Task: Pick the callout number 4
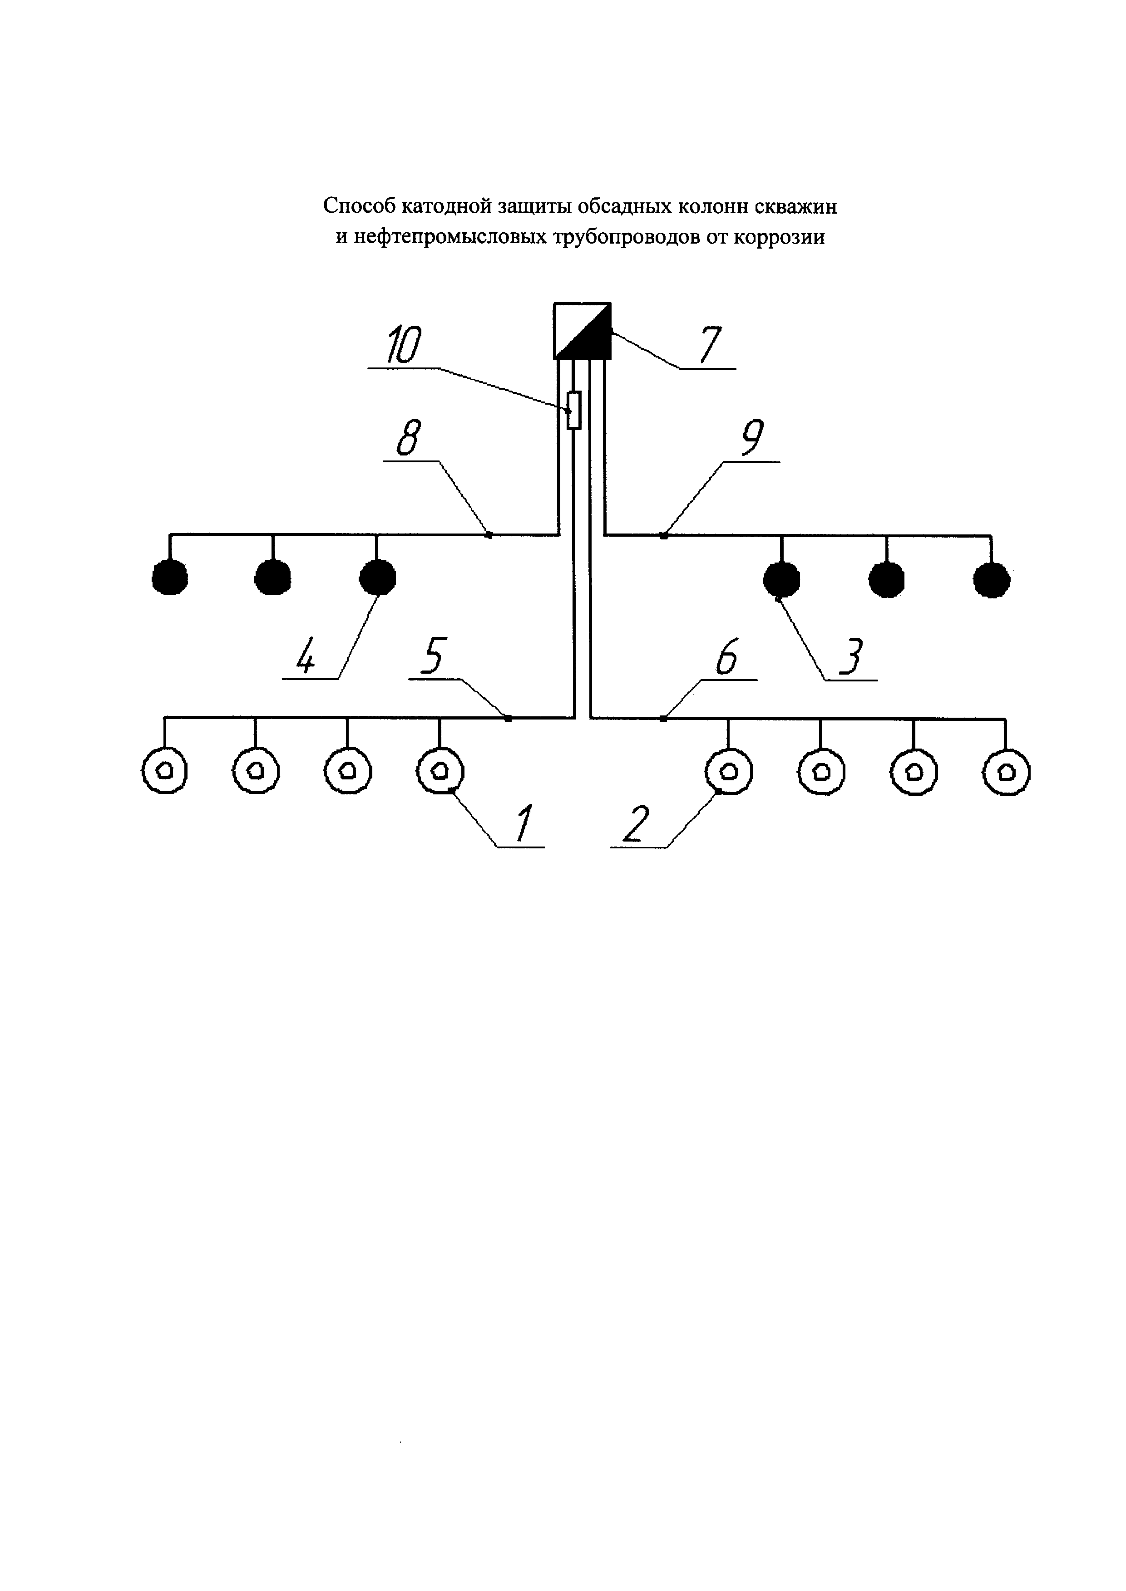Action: tap(305, 656)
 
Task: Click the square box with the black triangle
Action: tap(583, 331)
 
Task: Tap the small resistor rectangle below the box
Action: tap(573, 410)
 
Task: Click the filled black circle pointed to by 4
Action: tap(377, 577)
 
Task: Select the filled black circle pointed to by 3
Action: tap(781, 578)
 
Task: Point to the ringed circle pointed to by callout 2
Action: tap(729, 771)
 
